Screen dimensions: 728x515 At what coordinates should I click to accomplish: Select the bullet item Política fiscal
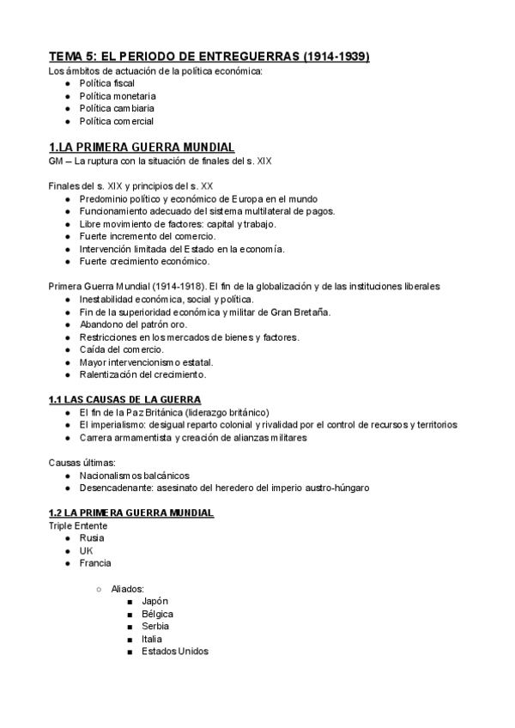[x=106, y=83]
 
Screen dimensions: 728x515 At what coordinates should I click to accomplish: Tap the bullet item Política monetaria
[x=117, y=96]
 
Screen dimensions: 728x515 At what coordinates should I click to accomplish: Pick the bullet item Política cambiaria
[x=117, y=108]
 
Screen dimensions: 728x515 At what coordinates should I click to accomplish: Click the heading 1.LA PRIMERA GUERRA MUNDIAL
[x=142, y=147]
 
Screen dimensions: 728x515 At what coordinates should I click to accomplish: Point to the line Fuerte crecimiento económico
[x=143, y=261]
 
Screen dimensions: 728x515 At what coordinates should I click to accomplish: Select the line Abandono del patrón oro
[x=131, y=325]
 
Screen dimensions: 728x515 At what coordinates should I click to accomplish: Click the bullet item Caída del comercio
[x=120, y=349]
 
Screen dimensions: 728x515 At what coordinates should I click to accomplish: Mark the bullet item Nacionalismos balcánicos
[x=134, y=476]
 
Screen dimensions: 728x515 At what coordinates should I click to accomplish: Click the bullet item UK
[x=86, y=551]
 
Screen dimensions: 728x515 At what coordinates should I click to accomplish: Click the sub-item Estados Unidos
[x=174, y=652]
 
